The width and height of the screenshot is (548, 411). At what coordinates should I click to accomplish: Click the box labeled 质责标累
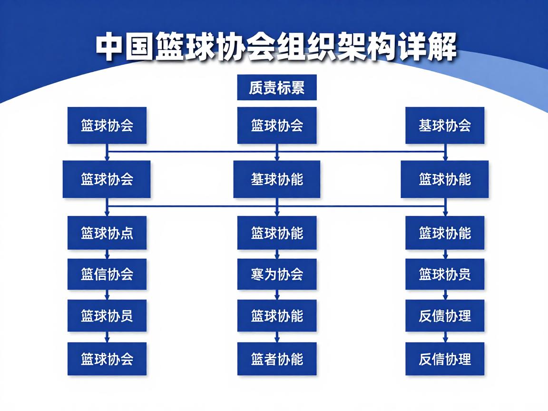277,88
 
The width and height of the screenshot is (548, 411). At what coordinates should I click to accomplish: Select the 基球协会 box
445,126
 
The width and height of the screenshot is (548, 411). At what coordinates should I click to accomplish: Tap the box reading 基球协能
277,179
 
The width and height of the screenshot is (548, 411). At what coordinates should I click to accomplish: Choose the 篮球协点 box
107,233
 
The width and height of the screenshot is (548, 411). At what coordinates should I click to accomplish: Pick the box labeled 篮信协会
107,274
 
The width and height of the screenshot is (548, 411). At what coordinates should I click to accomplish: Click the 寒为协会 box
277,274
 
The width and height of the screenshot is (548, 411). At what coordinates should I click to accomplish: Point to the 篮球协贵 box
445,274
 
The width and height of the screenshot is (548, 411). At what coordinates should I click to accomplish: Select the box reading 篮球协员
107,315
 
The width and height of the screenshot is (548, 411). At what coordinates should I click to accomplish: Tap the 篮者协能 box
277,359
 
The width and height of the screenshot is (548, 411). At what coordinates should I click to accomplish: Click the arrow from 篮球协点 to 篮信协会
107,254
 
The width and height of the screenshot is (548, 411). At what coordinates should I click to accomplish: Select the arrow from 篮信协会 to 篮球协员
107,295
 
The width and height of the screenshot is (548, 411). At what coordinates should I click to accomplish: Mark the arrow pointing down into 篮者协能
277,337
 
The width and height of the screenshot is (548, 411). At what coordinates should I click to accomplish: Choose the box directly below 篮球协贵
445,315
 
